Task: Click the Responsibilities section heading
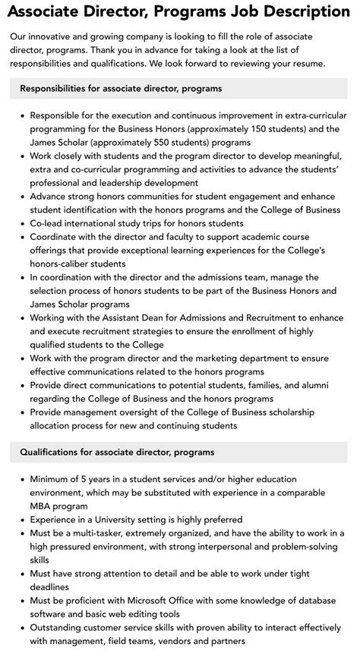coord(122,89)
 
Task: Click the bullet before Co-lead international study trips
coord(23,224)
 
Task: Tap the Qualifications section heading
coord(118,452)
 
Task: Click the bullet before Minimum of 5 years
coord(23,479)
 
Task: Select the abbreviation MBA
coord(43,506)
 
